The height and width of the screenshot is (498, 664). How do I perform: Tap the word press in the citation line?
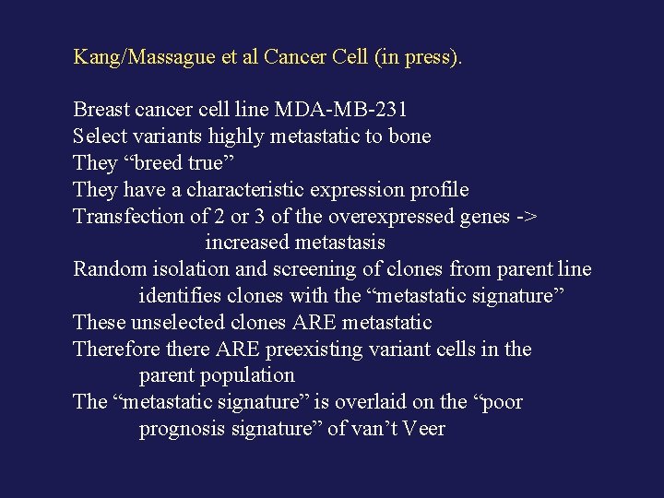(430, 57)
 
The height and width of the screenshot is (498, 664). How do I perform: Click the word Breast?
(103, 110)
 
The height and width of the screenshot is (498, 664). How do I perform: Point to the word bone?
(410, 136)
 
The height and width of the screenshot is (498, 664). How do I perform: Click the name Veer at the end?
(424, 429)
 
